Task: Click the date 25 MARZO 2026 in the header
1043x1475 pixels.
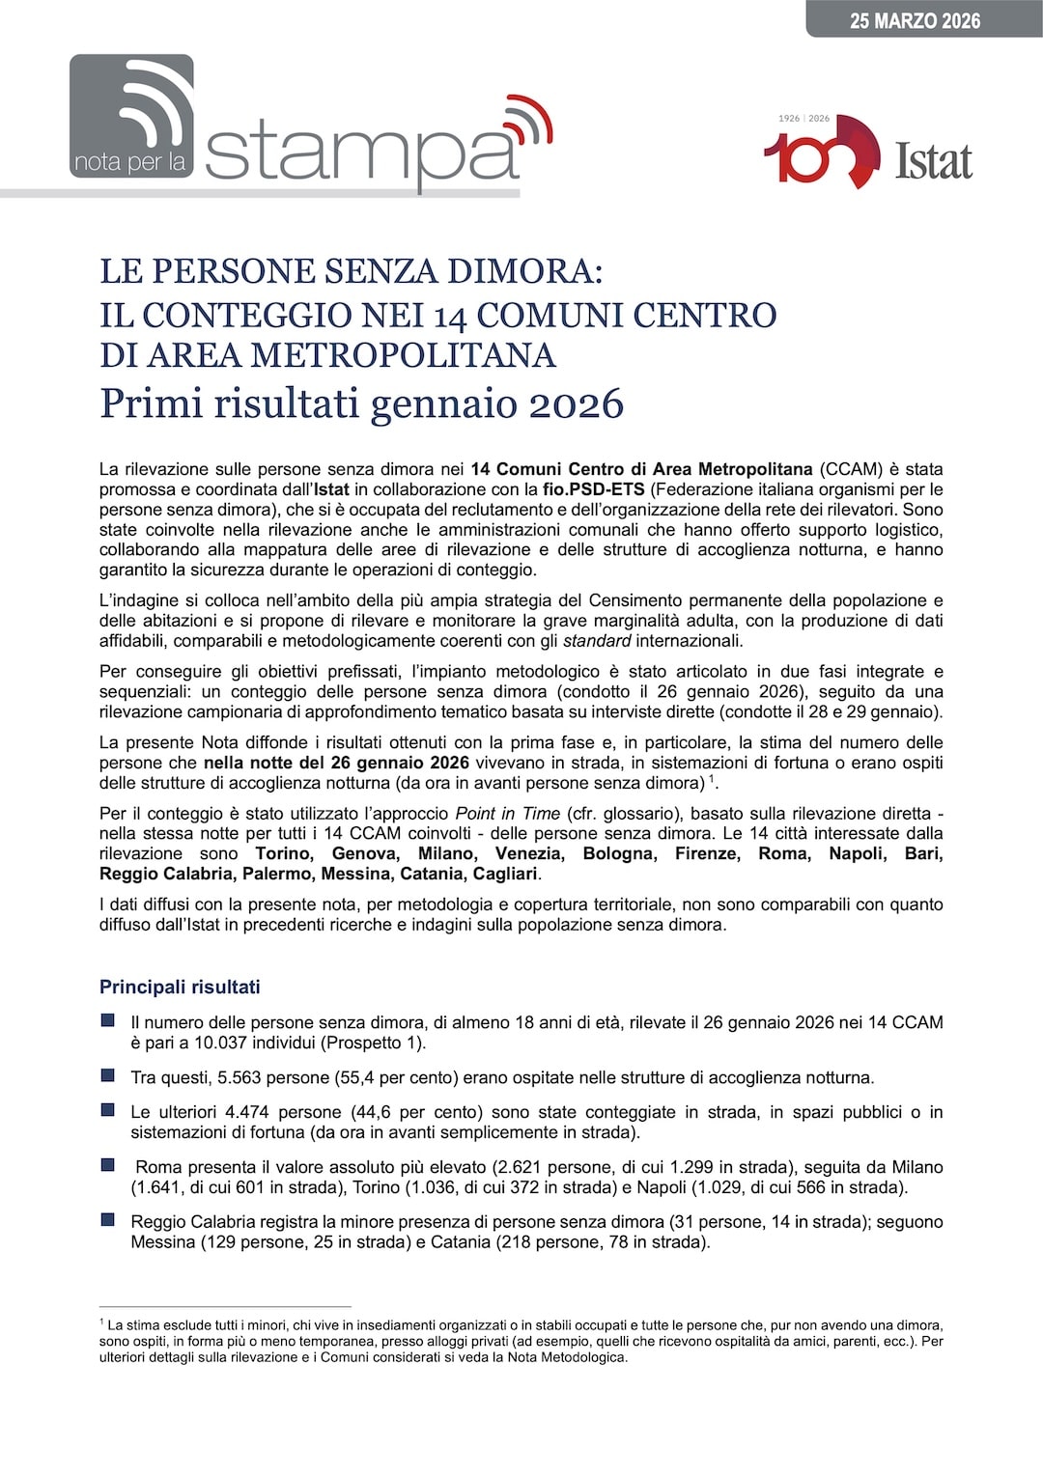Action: click(x=915, y=21)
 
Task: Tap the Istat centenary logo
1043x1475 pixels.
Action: click(x=867, y=152)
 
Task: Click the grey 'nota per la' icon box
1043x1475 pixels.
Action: click(x=131, y=117)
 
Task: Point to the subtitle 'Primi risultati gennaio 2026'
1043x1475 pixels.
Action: click(x=361, y=404)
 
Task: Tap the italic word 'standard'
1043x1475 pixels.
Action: click(x=597, y=640)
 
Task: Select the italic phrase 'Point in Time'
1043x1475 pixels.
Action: click(x=507, y=813)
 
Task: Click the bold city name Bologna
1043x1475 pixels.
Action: click(x=619, y=853)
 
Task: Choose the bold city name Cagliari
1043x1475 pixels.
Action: click(x=504, y=874)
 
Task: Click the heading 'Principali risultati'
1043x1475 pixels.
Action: click(x=180, y=987)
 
